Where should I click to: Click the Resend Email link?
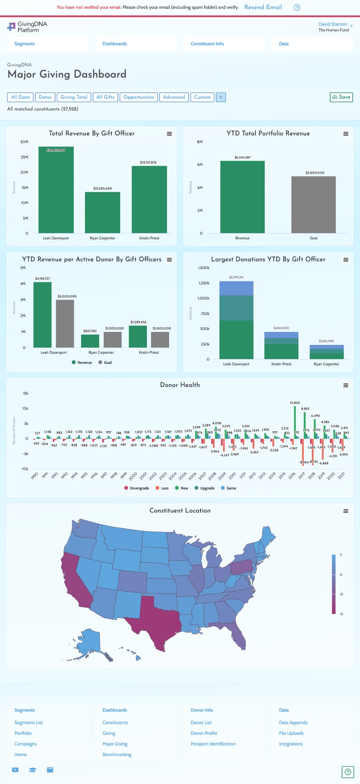point(263,7)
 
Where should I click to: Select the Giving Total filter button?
point(74,97)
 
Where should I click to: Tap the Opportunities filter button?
point(138,97)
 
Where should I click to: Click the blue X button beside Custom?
point(221,97)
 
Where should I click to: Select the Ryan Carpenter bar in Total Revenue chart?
point(103,212)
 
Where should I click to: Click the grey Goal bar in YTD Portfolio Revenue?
point(313,205)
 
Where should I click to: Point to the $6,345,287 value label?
point(243,157)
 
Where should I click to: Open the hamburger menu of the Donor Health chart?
point(346,385)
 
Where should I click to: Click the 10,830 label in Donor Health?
point(295,403)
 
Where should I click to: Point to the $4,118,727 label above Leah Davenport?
point(42,279)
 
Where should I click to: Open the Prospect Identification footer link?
point(213,744)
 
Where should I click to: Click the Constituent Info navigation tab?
point(207,44)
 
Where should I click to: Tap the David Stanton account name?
point(333,24)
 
